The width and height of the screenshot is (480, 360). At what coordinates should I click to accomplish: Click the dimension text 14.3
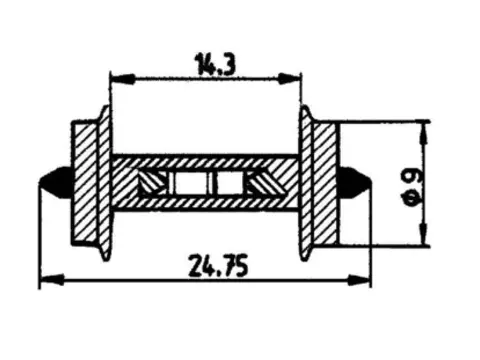pyautogui.click(x=216, y=64)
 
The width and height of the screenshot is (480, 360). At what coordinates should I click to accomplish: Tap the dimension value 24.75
pyautogui.click(x=218, y=266)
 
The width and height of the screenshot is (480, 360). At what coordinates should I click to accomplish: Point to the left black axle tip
pyautogui.click(x=55, y=183)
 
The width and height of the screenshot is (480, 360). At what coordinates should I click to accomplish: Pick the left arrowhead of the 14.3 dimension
pyautogui.click(x=122, y=79)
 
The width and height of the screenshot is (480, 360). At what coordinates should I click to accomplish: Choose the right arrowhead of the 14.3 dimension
pyautogui.click(x=289, y=79)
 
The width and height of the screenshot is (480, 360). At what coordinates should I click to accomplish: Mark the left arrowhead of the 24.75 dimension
pyautogui.click(x=52, y=280)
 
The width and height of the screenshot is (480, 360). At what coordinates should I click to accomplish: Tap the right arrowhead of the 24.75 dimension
pyautogui.click(x=359, y=280)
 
